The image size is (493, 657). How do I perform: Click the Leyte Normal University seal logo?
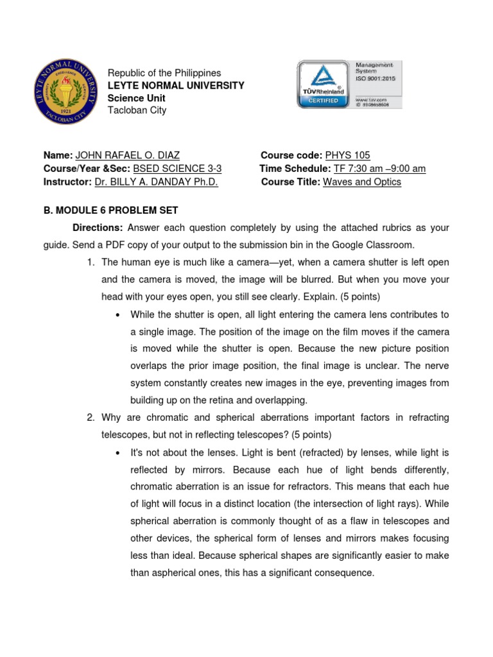click(x=64, y=92)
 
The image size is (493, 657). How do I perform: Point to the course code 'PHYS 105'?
click(x=348, y=155)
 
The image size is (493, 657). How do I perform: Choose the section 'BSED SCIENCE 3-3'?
click(x=177, y=169)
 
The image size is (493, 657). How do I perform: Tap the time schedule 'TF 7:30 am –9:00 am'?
click(x=379, y=169)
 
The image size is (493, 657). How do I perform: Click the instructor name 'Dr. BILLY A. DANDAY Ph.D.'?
click(x=157, y=182)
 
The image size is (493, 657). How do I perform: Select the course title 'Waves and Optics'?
click(x=362, y=182)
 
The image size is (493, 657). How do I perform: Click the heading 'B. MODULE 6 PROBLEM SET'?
click(x=110, y=210)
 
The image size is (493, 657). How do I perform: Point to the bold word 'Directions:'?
click(x=98, y=228)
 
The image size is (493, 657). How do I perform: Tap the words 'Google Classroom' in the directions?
click(x=377, y=245)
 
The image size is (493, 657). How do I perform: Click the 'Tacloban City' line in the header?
click(x=137, y=110)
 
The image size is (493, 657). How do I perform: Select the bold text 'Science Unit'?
click(x=136, y=98)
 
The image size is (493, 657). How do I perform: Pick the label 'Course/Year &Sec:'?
click(x=86, y=169)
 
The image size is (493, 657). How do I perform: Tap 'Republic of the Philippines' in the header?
click(x=164, y=73)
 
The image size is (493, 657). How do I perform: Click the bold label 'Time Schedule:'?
click(x=295, y=169)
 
